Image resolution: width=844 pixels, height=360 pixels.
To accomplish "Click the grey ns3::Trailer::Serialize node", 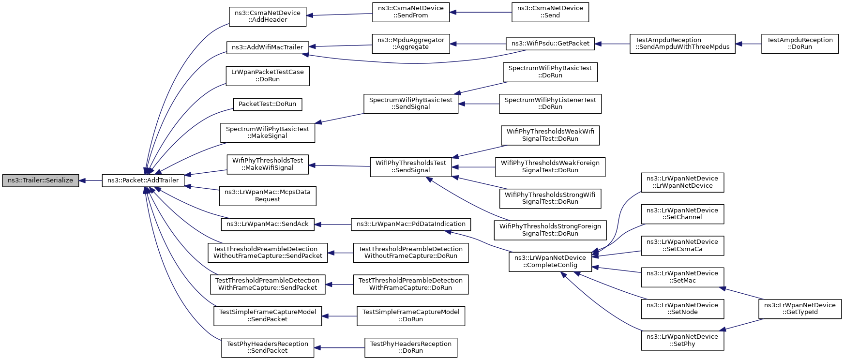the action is coord(41,180).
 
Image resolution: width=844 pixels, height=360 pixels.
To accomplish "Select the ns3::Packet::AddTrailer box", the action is coord(143,180).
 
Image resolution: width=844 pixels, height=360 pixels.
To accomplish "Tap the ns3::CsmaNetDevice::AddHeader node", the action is coord(268,16).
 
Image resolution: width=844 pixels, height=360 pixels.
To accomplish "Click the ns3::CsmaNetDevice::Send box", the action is coord(550,12).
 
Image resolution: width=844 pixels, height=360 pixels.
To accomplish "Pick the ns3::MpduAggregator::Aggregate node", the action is coord(411,44).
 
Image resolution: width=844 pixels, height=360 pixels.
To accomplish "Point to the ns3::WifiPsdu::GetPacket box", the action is coord(550,44).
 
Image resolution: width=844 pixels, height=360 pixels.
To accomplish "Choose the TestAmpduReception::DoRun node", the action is coord(800,44).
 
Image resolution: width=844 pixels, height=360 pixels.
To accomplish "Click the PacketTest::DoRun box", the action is coord(268,104).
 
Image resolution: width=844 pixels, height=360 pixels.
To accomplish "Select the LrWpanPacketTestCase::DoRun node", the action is coord(268,76).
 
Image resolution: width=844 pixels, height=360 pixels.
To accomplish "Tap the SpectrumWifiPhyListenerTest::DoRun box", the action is coord(550,104).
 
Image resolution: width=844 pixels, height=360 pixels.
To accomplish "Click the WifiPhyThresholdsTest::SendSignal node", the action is coord(411,166).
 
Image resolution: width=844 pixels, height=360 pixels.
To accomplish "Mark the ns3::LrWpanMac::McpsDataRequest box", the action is coord(268,195).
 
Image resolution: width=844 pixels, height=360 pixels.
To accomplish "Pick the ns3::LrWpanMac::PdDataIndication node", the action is coord(411,225).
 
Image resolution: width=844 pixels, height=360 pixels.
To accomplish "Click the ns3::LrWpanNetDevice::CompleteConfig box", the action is coord(550,262).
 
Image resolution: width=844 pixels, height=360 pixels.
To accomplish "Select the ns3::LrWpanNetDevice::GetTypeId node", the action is coord(800,309).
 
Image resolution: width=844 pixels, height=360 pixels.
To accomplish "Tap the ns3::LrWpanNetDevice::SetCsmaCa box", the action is coord(682,246).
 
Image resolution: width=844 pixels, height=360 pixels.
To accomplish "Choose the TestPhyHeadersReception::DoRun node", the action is coord(411,347).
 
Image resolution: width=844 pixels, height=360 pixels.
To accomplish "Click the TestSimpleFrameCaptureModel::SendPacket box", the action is coord(268,316).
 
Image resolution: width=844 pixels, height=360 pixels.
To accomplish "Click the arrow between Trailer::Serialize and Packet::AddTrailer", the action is coord(90,180).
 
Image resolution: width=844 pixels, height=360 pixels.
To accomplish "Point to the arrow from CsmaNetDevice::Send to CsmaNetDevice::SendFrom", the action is coord(481,12).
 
